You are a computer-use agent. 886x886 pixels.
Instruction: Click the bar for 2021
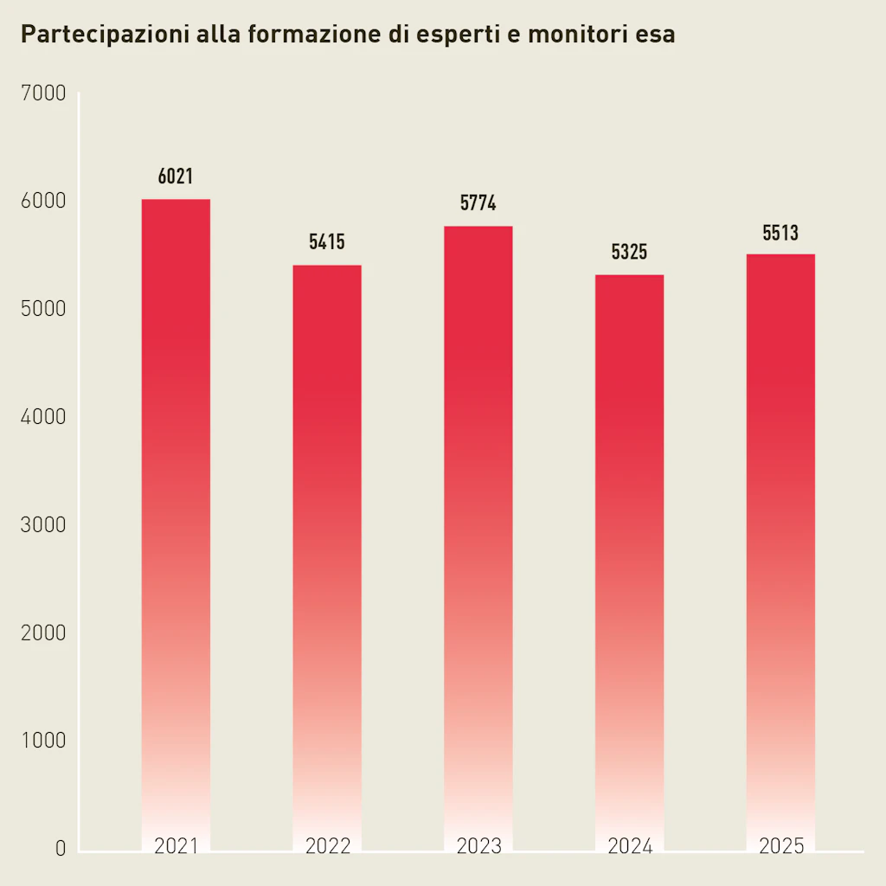(x=176, y=519)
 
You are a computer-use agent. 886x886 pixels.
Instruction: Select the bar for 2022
(x=327, y=554)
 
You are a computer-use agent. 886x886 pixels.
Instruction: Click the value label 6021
(x=176, y=177)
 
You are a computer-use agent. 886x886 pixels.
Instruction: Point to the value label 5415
(x=327, y=242)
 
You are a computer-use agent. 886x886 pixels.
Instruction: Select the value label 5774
(x=478, y=204)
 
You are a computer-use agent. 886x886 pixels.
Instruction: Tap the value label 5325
(x=630, y=253)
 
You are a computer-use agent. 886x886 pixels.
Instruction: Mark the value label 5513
(x=780, y=233)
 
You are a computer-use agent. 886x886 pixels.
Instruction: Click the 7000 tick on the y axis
(x=42, y=93)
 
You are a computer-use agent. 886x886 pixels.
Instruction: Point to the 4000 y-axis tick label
(x=42, y=417)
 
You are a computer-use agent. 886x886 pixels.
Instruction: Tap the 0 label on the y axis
(x=61, y=849)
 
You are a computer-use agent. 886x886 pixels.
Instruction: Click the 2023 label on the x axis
(x=478, y=846)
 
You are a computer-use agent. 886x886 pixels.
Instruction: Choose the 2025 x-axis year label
(x=780, y=846)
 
